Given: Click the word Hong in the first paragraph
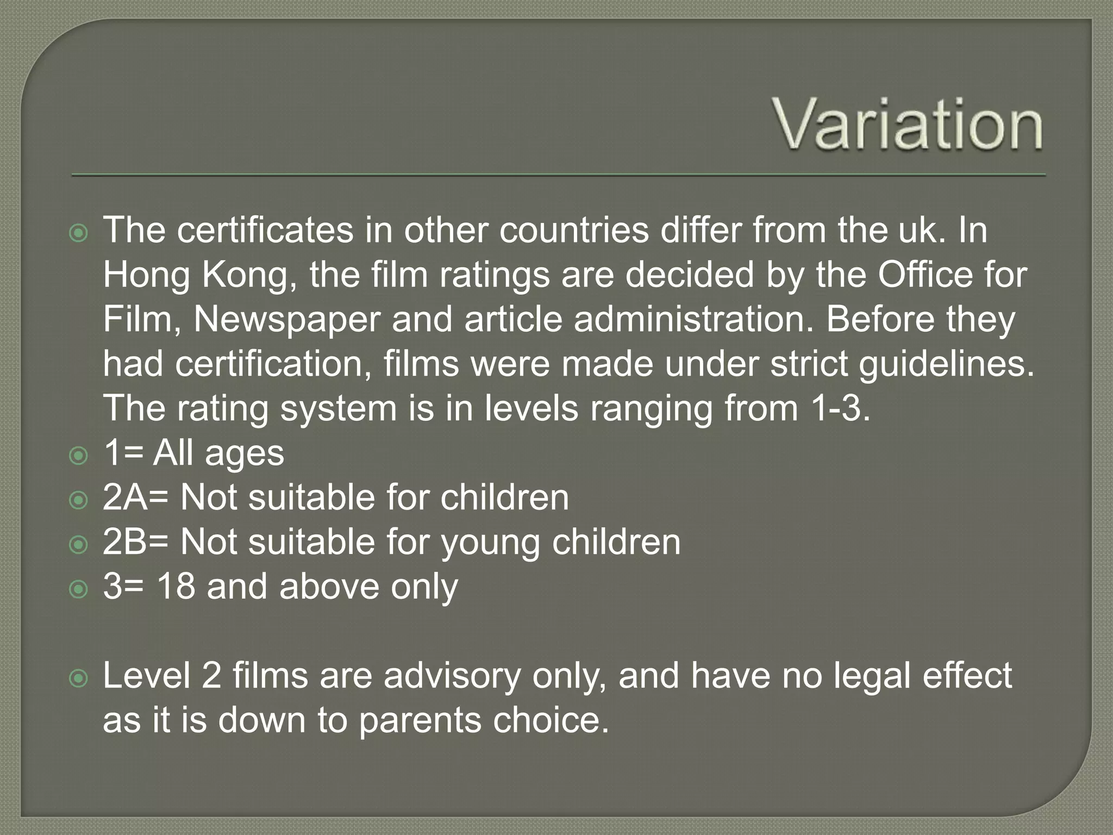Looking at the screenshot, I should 146,275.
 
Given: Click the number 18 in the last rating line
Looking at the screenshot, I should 176,587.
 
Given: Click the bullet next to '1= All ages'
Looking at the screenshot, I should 79,455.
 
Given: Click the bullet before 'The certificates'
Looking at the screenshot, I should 79,233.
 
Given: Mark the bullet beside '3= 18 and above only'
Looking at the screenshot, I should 79,589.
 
